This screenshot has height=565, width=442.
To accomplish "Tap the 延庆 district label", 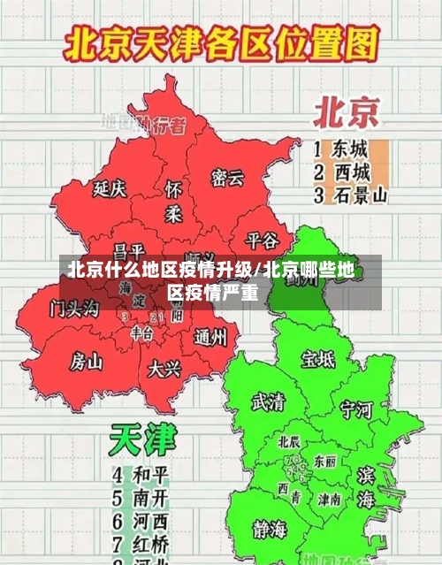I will (110, 188).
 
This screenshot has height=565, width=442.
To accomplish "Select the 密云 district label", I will (226, 178).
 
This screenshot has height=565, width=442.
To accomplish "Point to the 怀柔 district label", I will (174, 202).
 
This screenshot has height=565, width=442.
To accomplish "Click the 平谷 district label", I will (262, 240).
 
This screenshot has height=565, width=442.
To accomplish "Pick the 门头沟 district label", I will (75, 309).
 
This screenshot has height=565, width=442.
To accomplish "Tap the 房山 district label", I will (87, 361).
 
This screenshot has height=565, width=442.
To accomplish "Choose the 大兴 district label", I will (164, 367).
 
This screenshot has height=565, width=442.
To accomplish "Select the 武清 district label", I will (268, 401).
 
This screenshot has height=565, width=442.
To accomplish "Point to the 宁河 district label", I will (356, 409).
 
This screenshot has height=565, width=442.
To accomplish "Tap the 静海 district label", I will (270, 530).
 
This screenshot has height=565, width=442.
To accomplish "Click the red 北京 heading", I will (346, 113).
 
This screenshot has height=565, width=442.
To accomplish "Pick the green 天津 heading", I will (143, 439).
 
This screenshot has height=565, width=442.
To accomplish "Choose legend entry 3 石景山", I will (350, 195).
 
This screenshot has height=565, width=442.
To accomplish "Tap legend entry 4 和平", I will (141, 474).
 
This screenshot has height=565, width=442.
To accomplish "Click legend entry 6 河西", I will (141, 520).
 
